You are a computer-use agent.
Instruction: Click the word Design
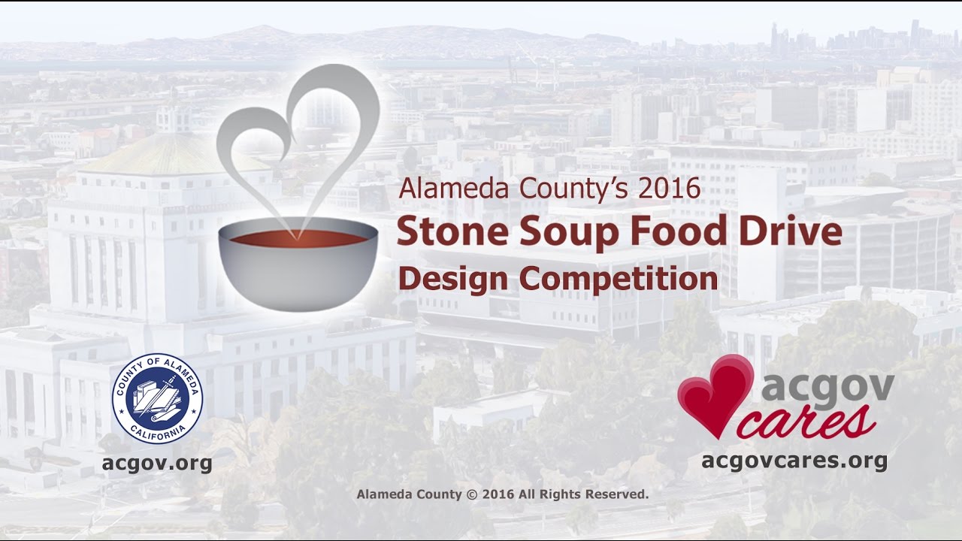[x=453, y=280]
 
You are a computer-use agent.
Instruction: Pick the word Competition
[x=618, y=280]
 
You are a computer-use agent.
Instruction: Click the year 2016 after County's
[x=669, y=188]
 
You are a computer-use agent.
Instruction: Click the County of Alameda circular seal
[x=157, y=399]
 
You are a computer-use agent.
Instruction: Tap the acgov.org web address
[x=157, y=463]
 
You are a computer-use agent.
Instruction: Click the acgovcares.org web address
[x=794, y=460]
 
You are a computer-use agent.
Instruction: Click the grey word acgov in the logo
[x=827, y=388]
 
